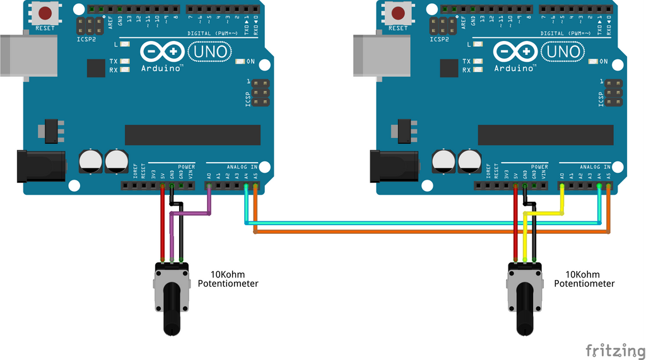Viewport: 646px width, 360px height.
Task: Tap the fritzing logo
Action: [611, 349]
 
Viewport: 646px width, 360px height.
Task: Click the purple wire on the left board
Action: [191, 214]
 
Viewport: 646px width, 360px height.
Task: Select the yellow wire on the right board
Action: [544, 214]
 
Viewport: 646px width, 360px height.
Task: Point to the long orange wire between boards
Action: [429, 232]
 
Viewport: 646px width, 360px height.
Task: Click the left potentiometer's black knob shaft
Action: [172, 310]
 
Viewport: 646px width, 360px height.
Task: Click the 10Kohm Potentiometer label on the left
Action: [228, 279]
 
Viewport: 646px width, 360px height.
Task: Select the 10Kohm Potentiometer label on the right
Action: [584, 279]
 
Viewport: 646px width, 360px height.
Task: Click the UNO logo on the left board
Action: [208, 51]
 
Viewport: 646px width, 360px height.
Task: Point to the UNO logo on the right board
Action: [561, 51]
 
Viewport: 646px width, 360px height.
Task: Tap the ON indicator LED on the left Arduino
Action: [240, 62]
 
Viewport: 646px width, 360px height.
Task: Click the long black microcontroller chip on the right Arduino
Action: [545, 134]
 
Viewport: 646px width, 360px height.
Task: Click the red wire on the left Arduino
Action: [163, 227]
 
